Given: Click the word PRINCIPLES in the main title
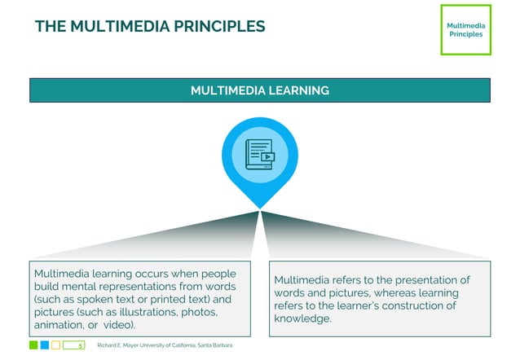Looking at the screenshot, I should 219,26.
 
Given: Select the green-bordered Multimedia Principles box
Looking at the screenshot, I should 465,30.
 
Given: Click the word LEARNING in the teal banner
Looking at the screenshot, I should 302,90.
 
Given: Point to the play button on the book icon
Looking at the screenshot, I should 267,157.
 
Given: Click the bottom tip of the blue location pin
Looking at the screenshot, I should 260,207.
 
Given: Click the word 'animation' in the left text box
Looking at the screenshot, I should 59,325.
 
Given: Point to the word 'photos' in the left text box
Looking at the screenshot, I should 198,312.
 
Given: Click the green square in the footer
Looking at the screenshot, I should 33,345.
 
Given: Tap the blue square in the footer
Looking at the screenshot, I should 45,345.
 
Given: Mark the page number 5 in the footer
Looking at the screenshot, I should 80,346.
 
